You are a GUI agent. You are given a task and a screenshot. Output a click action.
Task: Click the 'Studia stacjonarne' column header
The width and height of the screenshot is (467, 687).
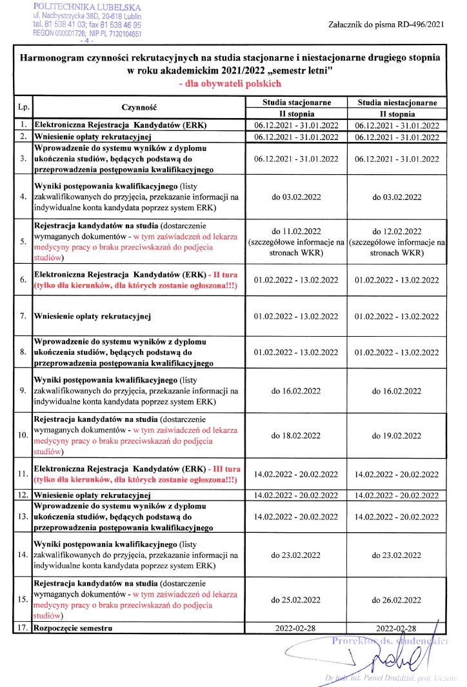[297, 102]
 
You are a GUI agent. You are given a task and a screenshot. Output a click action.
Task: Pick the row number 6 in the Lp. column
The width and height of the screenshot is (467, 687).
[23, 279]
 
